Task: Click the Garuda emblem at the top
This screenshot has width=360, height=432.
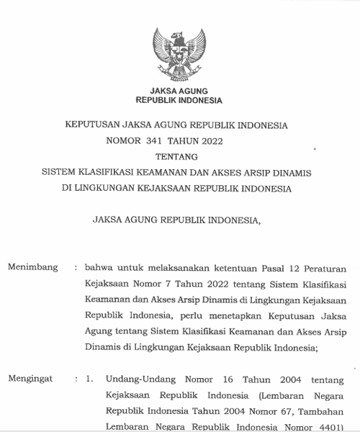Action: click(179, 53)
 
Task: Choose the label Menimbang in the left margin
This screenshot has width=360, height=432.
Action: click(32, 267)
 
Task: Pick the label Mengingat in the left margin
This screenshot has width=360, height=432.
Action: click(32, 378)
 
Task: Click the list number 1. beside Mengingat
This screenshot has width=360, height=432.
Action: click(89, 378)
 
